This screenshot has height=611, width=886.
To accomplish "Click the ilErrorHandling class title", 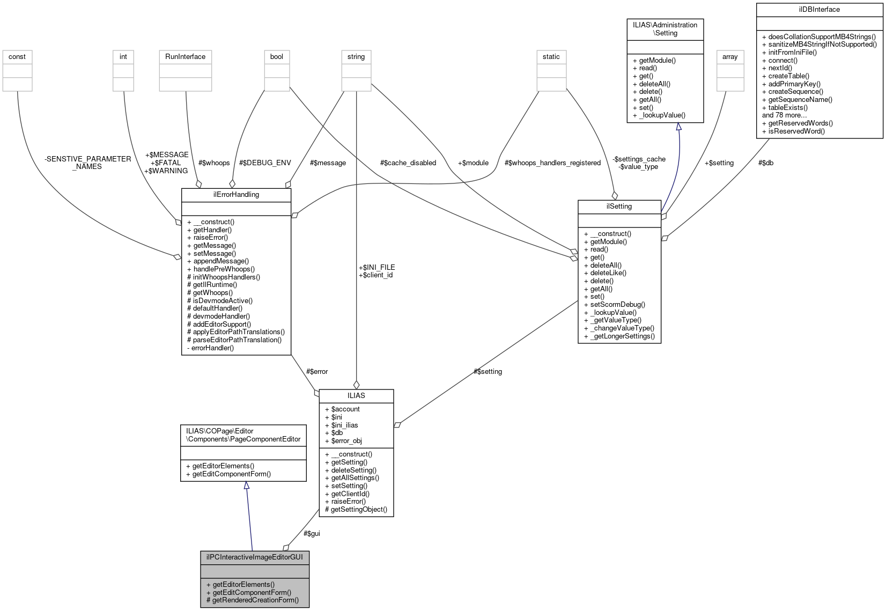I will [x=236, y=195].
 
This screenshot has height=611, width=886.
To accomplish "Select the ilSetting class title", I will [x=619, y=207].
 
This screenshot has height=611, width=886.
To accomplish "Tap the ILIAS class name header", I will [x=356, y=396].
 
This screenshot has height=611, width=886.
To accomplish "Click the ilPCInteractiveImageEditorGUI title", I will [x=255, y=557].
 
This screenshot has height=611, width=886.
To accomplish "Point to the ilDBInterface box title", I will [x=819, y=10].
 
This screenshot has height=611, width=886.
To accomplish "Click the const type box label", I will [x=17, y=57].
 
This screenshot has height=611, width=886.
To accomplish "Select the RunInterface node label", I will [x=185, y=57].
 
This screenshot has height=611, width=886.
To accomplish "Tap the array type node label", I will [x=730, y=57].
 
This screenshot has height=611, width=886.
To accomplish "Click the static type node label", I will [x=551, y=57].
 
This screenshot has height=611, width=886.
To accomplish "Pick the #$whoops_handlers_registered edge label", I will [x=552, y=163].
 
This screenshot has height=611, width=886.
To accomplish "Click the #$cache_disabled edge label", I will [x=408, y=163].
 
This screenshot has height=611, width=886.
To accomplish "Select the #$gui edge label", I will [x=312, y=534].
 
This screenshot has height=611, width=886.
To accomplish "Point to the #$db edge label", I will [x=765, y=163].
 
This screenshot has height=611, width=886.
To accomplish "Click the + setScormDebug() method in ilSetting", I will [x=617, y=305].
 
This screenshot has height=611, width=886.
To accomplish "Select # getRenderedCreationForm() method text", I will [x=252, y=600].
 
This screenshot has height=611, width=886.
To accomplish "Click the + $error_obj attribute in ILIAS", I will [x=343, y=441].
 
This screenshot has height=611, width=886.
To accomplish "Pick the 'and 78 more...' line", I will [x=784, y=115].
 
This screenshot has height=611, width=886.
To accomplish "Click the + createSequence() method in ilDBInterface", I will [x=792, y=92].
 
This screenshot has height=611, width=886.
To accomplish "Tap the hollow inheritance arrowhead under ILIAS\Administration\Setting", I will [x=678, y=127].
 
